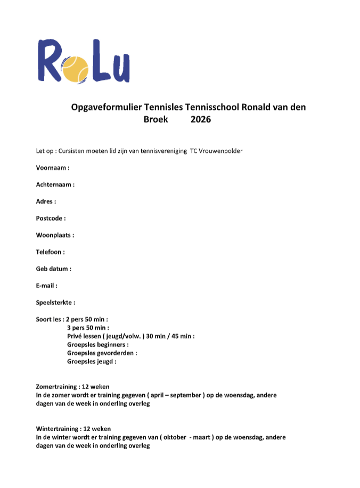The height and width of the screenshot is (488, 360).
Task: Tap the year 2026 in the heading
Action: (x=201, y=119)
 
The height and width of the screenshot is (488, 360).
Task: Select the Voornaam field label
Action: (x=53, y=167)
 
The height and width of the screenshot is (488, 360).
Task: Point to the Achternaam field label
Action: (x=55, y=184)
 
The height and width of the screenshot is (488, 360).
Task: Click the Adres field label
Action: (x=46, y=201)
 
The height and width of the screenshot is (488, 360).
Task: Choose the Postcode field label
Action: (x=51, y=218)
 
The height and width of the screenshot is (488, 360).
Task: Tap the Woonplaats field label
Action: (x=55, y=235)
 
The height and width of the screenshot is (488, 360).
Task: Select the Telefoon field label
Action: (x=51, y=252)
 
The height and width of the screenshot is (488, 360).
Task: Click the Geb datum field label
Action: (x=53, y=269)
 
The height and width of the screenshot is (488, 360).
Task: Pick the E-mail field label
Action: (x=47, y=286)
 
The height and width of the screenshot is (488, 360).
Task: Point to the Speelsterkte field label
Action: (x=55, y=303)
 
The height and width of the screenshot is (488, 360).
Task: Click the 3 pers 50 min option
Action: (x=88, y=328)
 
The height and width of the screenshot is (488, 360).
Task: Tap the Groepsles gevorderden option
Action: (x=102, y=353)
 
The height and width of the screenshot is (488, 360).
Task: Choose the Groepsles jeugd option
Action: (x=92, y=361)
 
